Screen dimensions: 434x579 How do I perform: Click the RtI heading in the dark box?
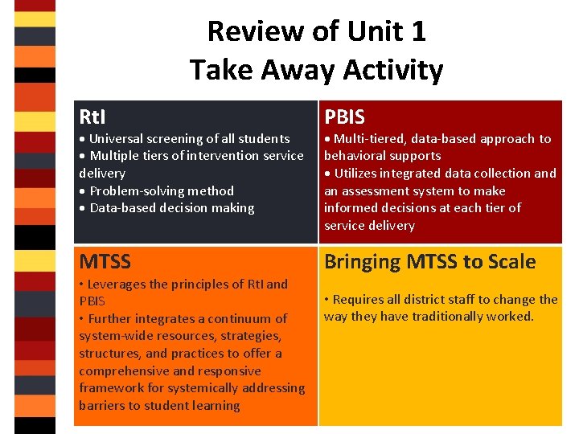point(92,117)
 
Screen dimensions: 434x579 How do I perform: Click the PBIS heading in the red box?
point(344,117)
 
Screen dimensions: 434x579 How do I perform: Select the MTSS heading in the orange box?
point(105,261)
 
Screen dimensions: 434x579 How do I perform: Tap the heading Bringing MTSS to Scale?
point(429,261)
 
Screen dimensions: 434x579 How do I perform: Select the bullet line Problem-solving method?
point(161,190)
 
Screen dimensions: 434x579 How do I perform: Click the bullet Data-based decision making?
point(171,208)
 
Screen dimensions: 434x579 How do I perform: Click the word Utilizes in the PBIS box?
point(358,174)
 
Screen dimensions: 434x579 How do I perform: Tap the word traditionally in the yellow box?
point(427,317)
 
